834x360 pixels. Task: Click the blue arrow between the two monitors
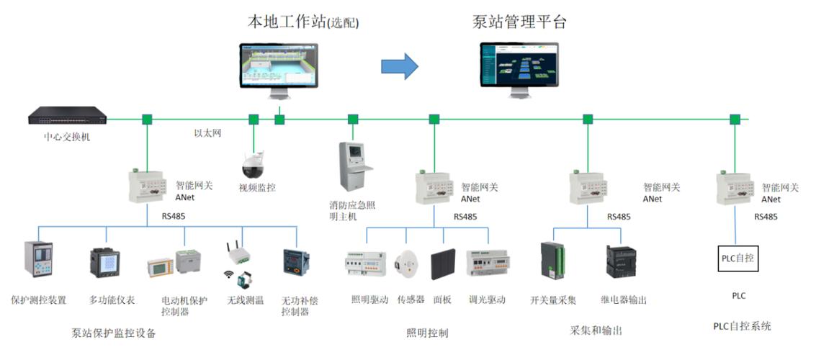click(x=399, y=66)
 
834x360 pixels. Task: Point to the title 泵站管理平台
click(x=519, y=22)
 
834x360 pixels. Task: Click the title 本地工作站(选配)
click(x=302, y=22)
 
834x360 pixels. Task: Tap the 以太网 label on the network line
click(x=207, y=133)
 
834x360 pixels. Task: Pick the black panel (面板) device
click(x=442, y=265)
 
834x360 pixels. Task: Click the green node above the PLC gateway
click(x=735, y=120)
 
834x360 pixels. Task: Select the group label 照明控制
click(x=427, y=333)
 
